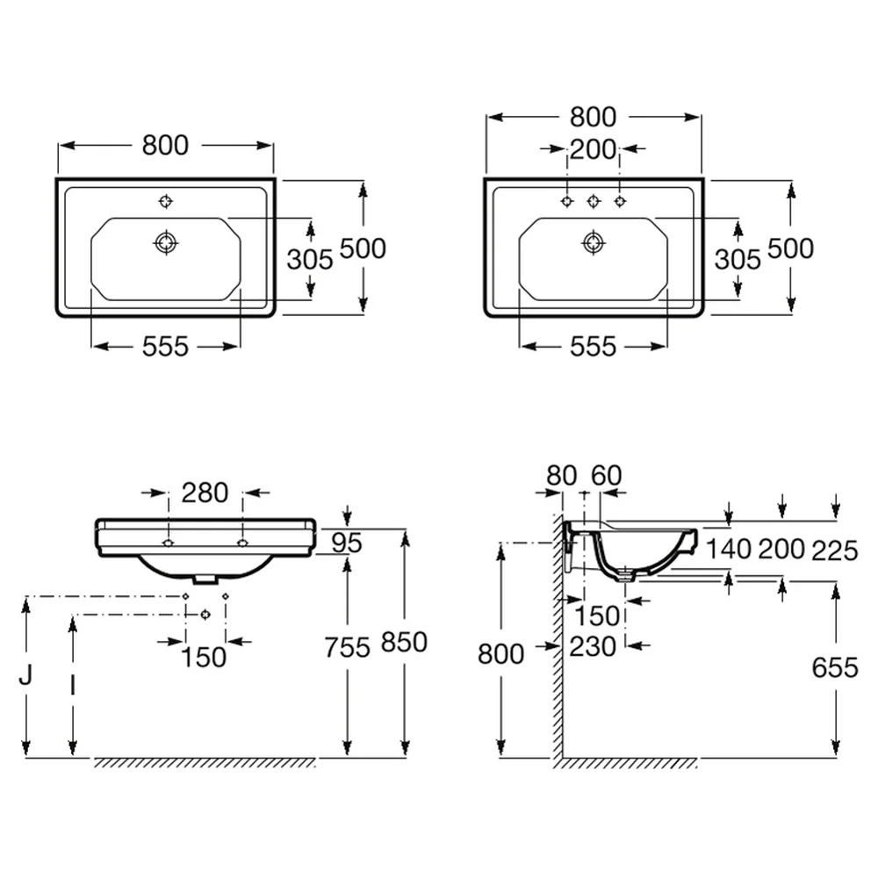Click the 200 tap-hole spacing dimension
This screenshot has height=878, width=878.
point(593,149)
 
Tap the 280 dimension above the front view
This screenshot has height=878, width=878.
point(205,493)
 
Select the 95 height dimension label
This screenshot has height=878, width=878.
point(347,542)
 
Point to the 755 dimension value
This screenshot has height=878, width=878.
point(347,647)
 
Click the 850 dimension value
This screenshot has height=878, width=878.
point(404,642)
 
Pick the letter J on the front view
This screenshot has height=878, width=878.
point(25,674)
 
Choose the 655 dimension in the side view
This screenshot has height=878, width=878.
point(835,667)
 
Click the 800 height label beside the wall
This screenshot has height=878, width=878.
point(500,653)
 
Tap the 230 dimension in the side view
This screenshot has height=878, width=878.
point(593,647)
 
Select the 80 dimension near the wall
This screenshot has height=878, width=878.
point(562,475)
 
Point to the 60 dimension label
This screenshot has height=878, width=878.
point(607,475)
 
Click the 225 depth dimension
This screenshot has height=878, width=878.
point(835,551)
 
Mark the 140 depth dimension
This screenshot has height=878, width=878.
point(729,550)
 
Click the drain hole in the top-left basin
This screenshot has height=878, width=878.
point(166,242)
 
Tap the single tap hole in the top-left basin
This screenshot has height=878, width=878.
point(166,201)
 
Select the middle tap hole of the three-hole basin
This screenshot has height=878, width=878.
point(594,201)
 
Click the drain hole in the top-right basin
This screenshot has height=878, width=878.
point(594,242)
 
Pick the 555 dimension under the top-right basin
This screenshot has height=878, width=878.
point(593,347)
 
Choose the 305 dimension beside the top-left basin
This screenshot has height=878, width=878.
point(310,259)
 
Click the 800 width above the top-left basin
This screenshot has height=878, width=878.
point(165,146)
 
